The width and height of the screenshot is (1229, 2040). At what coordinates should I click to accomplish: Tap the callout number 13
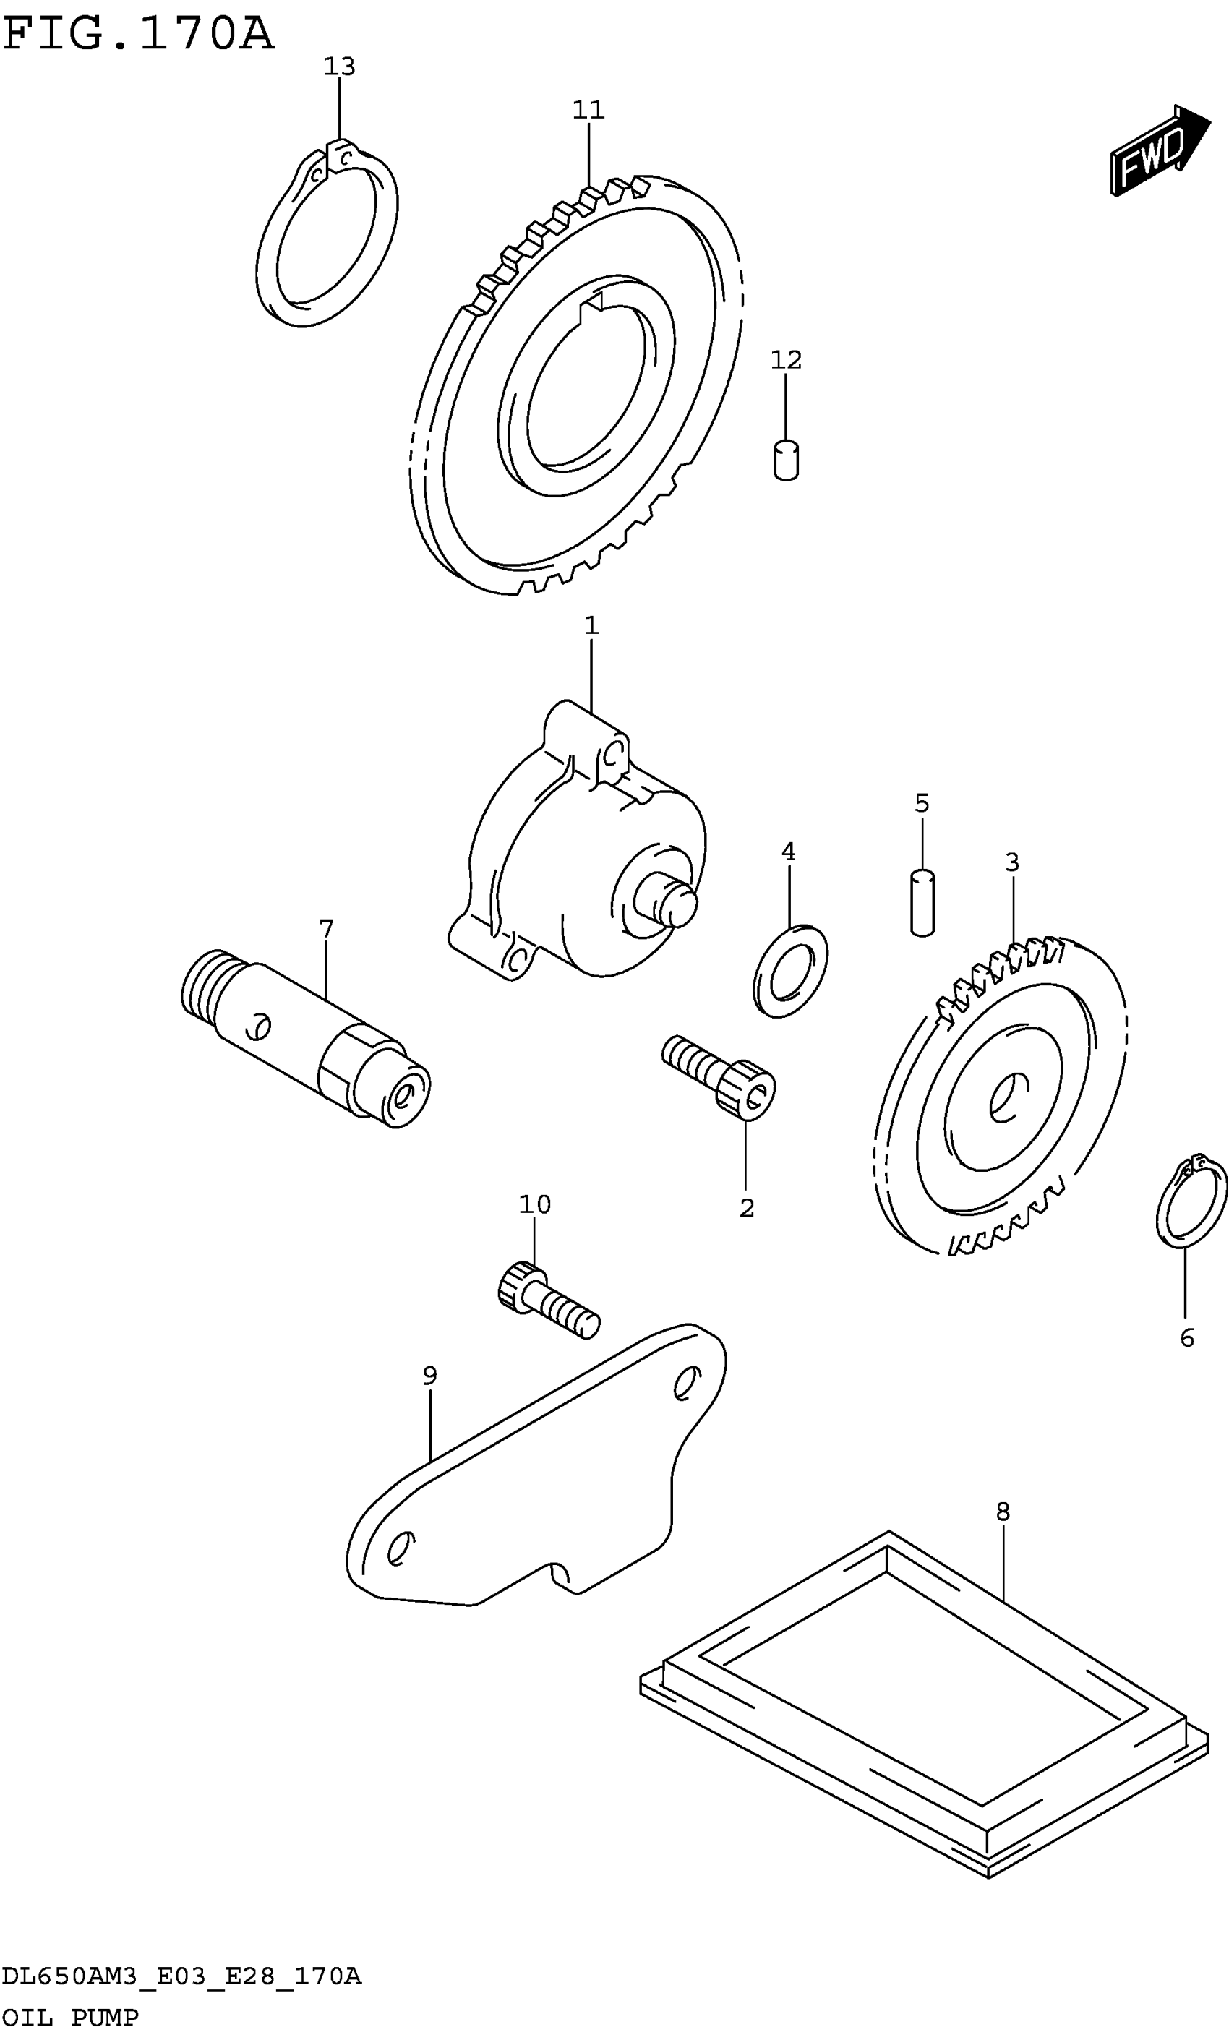point(339,67)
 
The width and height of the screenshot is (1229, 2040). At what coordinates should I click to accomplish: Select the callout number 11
point(588,109)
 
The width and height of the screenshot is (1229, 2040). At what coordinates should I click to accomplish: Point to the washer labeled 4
point(790,969)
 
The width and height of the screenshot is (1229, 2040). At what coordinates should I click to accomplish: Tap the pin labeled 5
point(922,902)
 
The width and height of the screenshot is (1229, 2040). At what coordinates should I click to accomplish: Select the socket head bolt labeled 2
point(721,1079)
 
